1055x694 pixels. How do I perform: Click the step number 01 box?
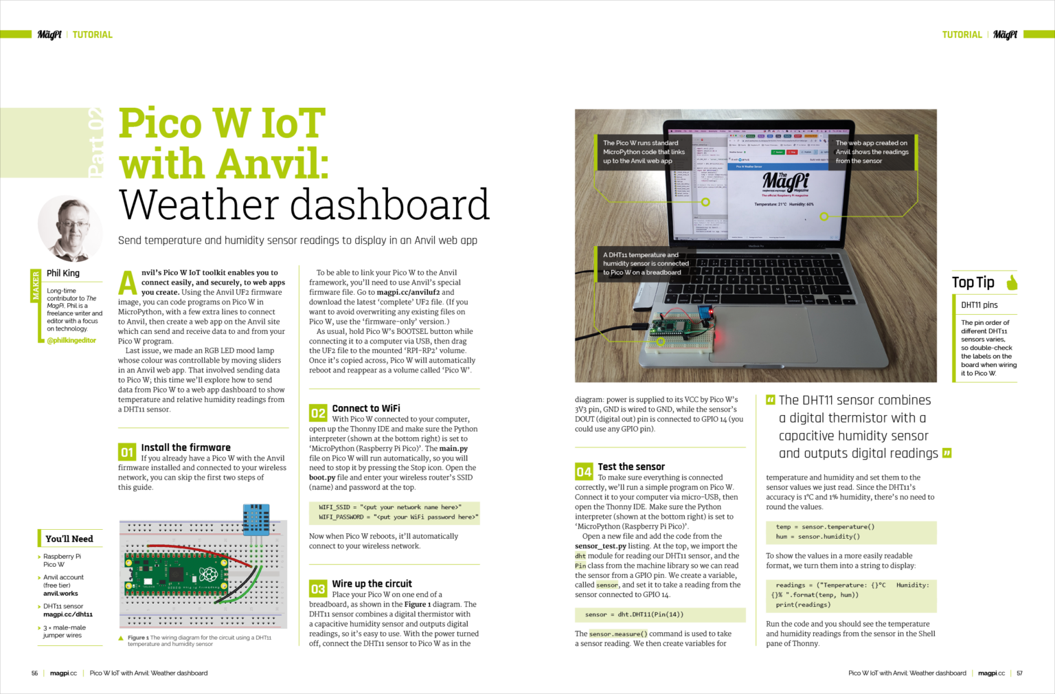[x=127, y=452]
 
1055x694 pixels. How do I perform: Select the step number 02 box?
[x=318, y=413]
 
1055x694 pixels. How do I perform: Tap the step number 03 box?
[x=318, y=589]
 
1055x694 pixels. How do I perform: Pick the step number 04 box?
[x=584, y=471]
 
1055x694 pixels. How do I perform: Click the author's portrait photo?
[x=70, y=229]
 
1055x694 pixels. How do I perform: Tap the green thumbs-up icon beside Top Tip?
[x=1011, y=282]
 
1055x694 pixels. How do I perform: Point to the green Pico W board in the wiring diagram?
[x=177, y=572]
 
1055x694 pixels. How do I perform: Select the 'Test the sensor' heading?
[x=631, y=467]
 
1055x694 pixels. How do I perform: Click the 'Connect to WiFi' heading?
[x=365, y=408]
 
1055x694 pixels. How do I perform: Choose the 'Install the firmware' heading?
[x=185, y=447]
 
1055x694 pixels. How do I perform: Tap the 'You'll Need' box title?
[x=69, y=539]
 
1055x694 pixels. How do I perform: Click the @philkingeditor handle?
[x=71, y=340]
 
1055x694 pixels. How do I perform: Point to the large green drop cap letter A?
[x=128, y=282]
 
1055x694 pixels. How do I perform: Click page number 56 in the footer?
[x=34, y=673]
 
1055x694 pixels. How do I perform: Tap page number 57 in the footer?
[x=1019, y=673]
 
